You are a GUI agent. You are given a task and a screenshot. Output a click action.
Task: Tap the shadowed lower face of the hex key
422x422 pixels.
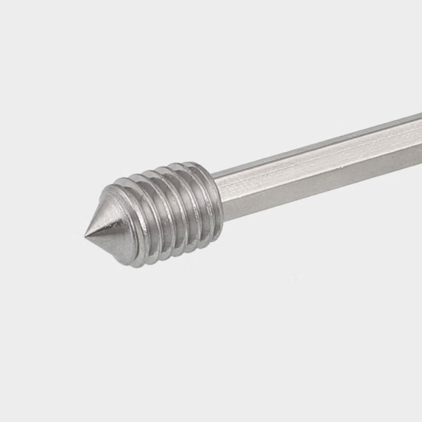click(316, 185)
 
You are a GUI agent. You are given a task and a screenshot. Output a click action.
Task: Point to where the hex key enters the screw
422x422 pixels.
click(217, 193)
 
